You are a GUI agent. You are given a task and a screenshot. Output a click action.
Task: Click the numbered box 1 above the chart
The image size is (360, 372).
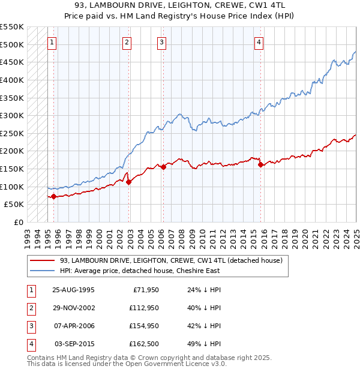click(53, 42)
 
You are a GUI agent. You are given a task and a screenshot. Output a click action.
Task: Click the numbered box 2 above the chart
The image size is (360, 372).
click(127, 42)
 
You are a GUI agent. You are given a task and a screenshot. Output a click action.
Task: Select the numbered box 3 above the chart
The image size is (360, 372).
click(162, 42)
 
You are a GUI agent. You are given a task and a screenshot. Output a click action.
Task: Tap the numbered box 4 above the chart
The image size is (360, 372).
click(259, 42)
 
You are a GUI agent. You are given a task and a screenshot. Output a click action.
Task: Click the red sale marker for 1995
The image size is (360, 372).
click(53, 196)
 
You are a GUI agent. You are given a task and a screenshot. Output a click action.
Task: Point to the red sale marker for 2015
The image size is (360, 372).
click(260, 164)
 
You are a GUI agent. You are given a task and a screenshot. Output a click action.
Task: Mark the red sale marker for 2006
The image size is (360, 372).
click(164, 167)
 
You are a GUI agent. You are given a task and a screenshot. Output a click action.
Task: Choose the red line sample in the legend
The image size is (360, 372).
click(43, 261)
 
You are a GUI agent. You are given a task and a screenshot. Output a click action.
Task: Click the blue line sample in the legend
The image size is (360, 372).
click(43, 271)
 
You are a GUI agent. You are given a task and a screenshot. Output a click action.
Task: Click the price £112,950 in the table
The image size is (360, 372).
click(143, 308)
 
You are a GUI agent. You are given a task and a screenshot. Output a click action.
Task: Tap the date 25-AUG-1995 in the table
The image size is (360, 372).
click(74, 290)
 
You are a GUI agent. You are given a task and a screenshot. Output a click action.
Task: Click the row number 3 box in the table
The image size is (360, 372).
click(31, 326)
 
